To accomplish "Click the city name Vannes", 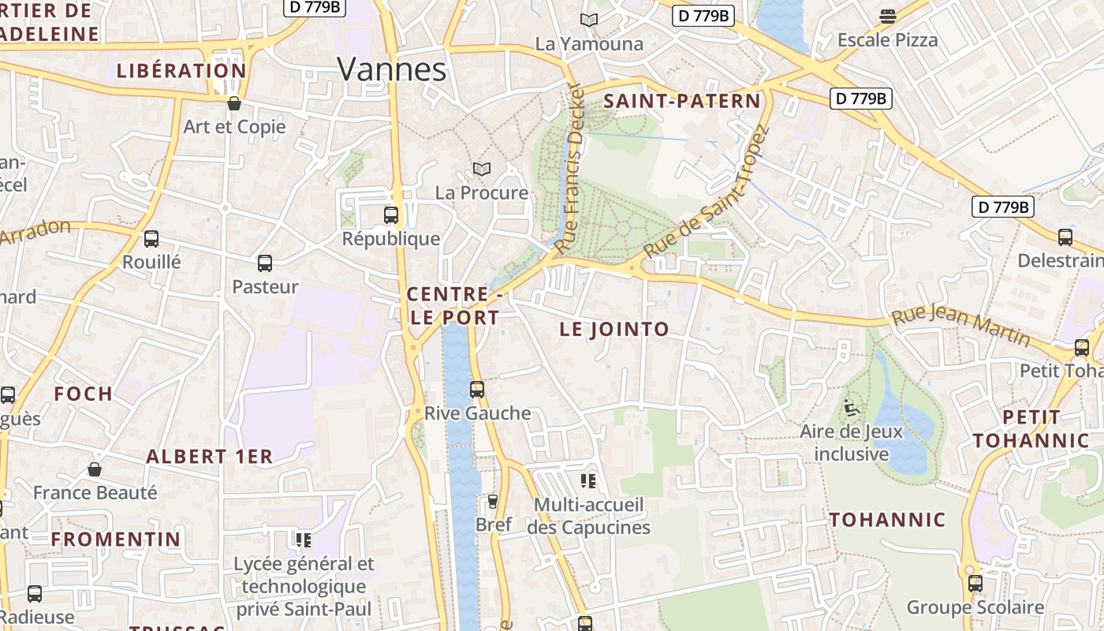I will (x=392, y=69).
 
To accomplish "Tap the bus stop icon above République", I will (x=390, y=215).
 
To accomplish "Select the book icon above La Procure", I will (x=481, y=169).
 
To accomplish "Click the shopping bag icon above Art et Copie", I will (x=233, y=103).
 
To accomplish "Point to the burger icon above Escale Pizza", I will (x=888, y=17).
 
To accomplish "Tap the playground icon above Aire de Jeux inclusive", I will (x=851, y=408).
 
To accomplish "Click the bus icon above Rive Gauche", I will (x=477, y=389).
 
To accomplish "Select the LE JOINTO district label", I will (x=614, y=330).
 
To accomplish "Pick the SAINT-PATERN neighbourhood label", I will (x=682, y=101).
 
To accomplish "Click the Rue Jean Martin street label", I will (x=960, y=326).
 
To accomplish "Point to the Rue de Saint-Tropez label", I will (x=706, y=193).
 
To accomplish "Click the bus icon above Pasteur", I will (x=265, y=263).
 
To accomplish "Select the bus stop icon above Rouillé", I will (x=151, y=238).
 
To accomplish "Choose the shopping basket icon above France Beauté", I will (x=95, y=469).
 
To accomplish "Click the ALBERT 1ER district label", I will (x=209, y=457).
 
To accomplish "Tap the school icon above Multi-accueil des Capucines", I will (x=588, y=480).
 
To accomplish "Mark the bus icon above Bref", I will (x=494, y=501).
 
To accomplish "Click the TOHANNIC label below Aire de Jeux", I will (x=887, y=520).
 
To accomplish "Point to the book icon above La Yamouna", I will (x=589, y=20).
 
